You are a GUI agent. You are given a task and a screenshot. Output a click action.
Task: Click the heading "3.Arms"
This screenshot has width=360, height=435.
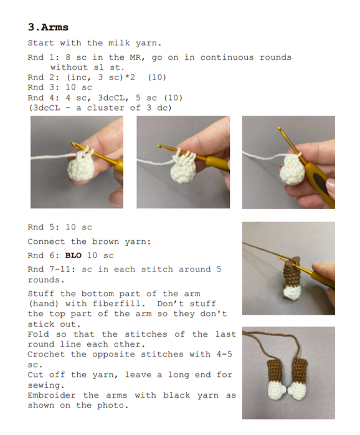coord(48,27)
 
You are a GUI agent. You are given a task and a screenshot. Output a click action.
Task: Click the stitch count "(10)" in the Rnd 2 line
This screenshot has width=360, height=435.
coord(157,77)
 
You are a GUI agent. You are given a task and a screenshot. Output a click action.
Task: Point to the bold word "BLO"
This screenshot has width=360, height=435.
coord(73,255)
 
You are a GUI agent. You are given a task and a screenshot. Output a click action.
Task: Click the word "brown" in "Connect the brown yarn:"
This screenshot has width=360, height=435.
coord(105,241)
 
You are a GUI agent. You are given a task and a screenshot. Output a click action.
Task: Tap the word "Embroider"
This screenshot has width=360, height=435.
coord(52,395)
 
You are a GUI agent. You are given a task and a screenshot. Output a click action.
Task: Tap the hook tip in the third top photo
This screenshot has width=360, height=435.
coord(278,128)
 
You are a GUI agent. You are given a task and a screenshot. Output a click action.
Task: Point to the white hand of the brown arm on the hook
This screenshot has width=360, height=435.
coord(291,293)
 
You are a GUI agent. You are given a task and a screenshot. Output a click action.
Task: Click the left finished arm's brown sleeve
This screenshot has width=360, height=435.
coord(275,371)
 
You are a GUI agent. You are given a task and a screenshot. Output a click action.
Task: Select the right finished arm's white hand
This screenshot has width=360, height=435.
coord(296,391)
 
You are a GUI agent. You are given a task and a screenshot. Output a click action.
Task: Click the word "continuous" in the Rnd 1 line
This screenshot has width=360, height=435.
coord(227,57)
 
